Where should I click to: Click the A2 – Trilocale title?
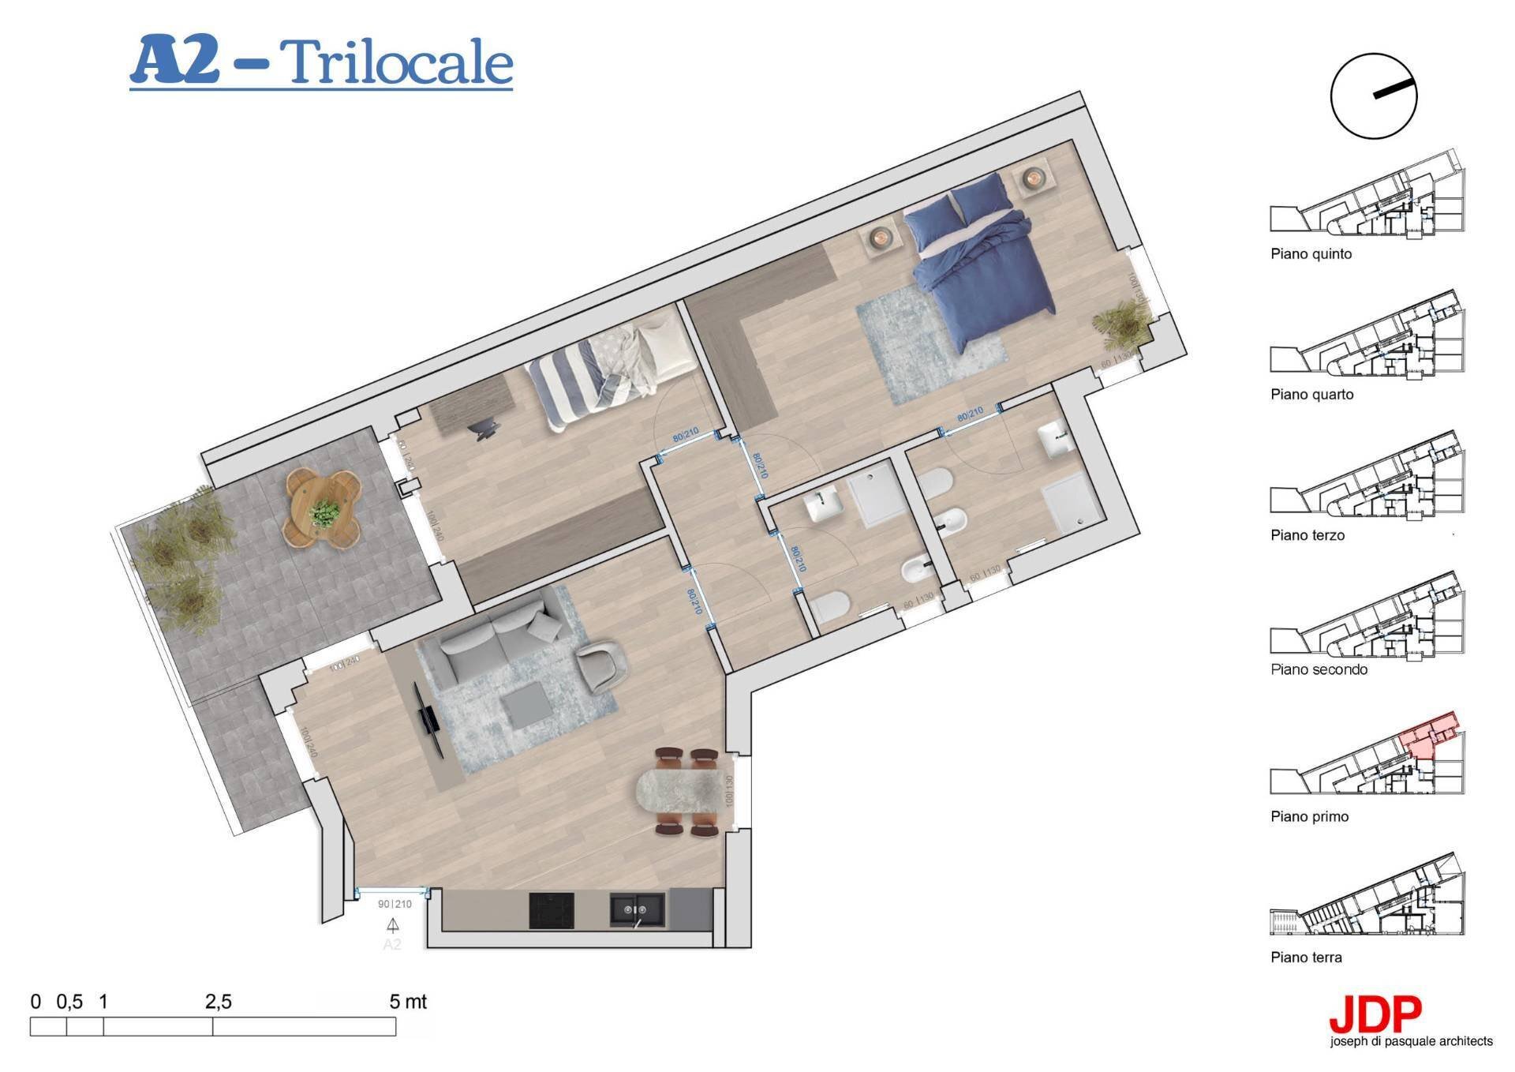tap(321, 62)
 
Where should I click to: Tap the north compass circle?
tap(1373, 96)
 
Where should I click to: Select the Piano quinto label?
tap(1311, 254)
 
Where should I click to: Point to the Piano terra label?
tap(1306, 958)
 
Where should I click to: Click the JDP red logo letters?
tap(1375, 1017)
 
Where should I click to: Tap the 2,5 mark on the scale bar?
tap(218, 1003)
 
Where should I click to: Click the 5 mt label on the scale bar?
tap(408, 1003)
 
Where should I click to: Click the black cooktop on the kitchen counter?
tap(551, 910)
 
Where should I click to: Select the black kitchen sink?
tap(637, 910)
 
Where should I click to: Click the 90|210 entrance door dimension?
tap(395, 905)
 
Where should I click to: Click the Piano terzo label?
tap(1307, 535)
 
